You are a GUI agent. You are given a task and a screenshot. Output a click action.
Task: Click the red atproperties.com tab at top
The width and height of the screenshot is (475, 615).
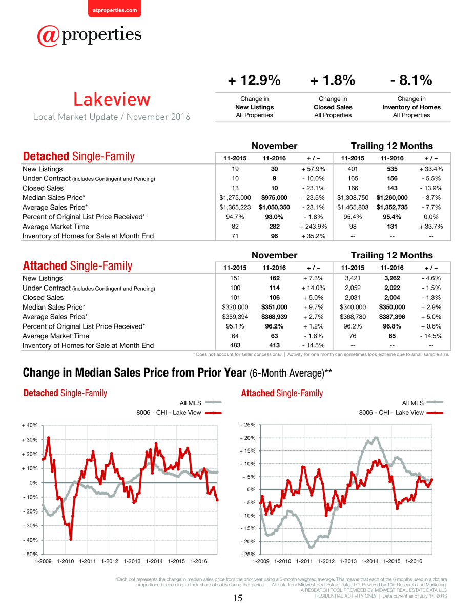coord(115,9)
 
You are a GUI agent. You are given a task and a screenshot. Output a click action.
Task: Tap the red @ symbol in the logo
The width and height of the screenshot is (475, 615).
coord(48,36)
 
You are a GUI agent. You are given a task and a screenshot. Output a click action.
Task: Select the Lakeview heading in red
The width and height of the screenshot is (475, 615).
coord(112,99)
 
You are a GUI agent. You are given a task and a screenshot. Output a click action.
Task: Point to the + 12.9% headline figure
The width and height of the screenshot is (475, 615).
coord(254,80)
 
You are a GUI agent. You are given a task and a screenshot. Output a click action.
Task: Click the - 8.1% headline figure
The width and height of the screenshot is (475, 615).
coord(411,80)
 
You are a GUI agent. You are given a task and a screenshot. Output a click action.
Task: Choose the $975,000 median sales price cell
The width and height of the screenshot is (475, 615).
coord(274,197)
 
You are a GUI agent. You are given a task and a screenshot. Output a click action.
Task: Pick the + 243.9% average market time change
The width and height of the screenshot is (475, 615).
coord(314,227)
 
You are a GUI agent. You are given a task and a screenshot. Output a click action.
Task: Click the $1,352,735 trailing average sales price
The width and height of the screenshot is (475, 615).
coord(392,207)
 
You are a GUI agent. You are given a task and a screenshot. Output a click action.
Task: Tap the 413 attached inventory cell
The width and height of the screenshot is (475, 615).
coord(274,345)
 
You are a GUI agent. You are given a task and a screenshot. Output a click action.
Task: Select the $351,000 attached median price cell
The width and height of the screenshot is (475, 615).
coord(274,307)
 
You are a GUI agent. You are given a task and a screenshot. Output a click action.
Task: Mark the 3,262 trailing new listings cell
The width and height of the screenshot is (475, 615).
coord(392,278)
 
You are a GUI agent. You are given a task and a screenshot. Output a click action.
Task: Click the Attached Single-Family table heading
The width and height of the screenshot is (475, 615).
coord(77,266)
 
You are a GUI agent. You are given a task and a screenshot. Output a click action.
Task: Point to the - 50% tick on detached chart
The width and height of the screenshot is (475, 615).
coord(30,554)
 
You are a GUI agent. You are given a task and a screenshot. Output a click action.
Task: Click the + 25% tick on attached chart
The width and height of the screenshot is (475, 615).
coord(247,425)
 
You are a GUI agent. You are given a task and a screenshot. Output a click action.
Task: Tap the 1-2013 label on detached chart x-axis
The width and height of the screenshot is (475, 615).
coord(132,561)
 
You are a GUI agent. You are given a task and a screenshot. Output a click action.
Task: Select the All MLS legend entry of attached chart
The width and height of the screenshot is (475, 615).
coord(422,403)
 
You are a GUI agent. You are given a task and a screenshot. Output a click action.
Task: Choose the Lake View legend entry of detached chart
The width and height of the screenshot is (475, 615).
coord(179,413)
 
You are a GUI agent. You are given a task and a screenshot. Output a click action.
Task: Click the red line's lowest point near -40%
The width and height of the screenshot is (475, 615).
coord(71,539)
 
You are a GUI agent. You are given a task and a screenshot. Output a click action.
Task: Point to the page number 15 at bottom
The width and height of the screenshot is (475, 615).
coord(238,598)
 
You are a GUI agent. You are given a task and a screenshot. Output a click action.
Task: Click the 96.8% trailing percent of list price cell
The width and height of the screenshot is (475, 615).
coord(392,326)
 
